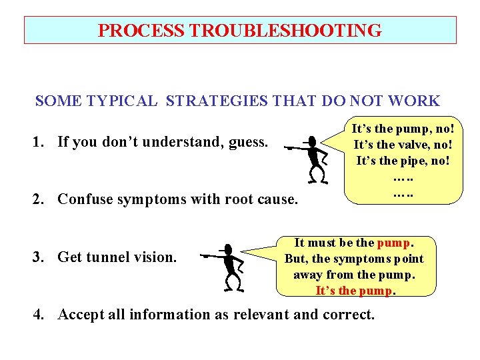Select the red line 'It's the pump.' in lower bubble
click(356, 291)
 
